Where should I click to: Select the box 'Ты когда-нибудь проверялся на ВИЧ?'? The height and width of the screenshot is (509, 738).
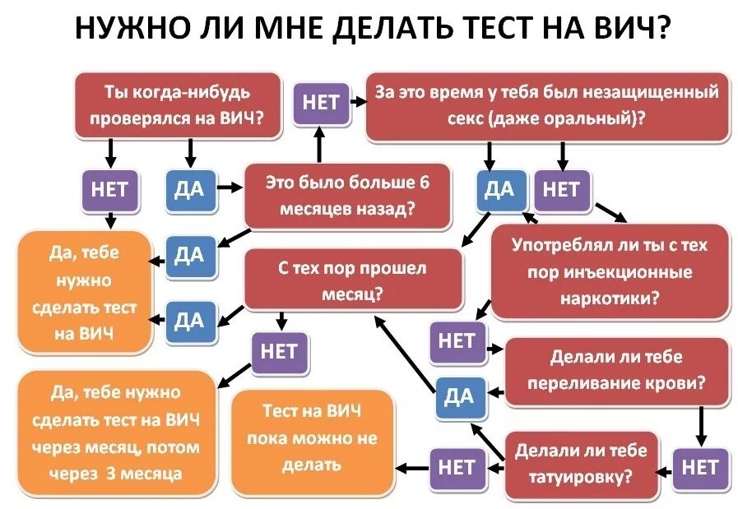[178, 105]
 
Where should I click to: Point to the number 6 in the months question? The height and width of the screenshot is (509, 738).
[425, 183]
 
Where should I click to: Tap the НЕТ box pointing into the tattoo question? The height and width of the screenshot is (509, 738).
[699, 467]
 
